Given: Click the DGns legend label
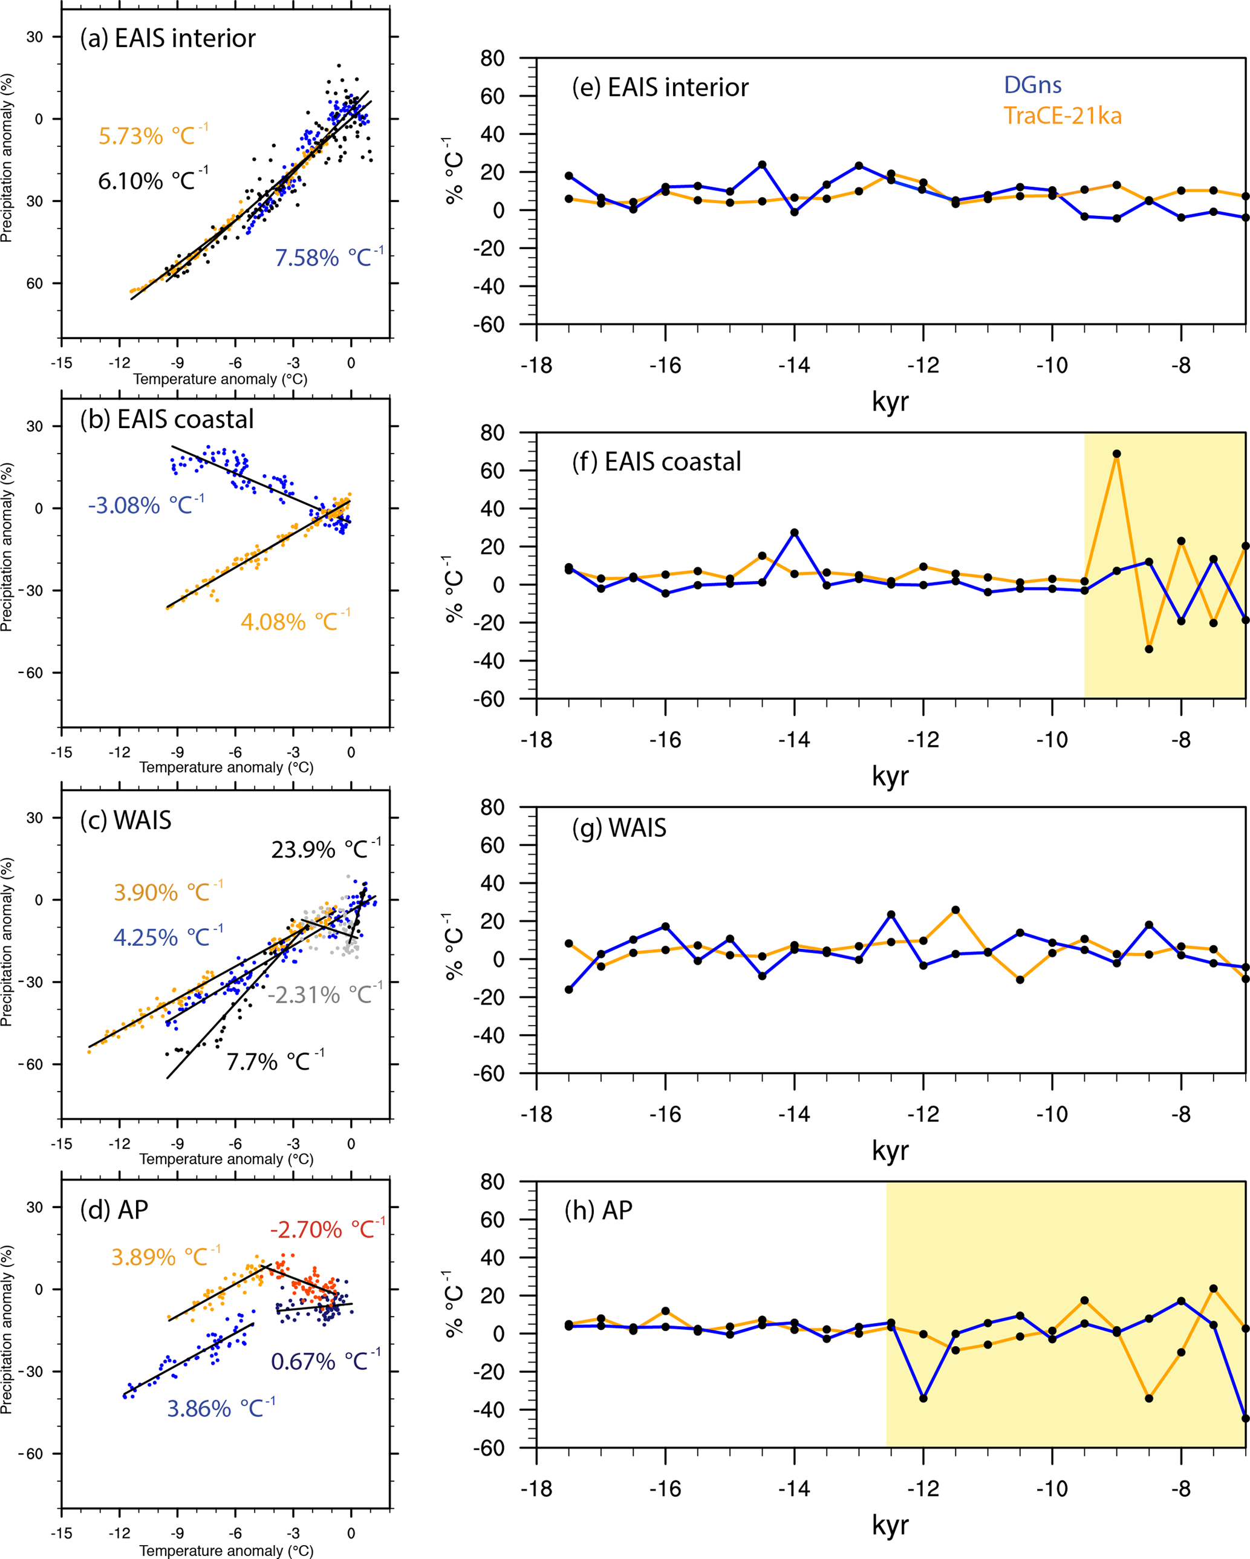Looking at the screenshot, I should (1032, 85).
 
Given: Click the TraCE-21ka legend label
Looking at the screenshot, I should (1062, 116).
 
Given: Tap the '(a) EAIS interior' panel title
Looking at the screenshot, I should (168, 38).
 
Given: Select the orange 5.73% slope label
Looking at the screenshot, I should (152, 135).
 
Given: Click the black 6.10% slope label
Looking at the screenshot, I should (152, 180).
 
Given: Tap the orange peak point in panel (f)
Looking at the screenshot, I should (1117, 454).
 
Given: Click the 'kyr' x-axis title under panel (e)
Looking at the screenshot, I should (890, 402).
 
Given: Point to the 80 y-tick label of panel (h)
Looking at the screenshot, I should (492, 1182).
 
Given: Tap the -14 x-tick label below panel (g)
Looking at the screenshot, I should (794, 1115).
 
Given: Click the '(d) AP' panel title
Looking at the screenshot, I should (114, 1209).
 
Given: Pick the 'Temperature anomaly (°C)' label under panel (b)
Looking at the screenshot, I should (226, 767).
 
